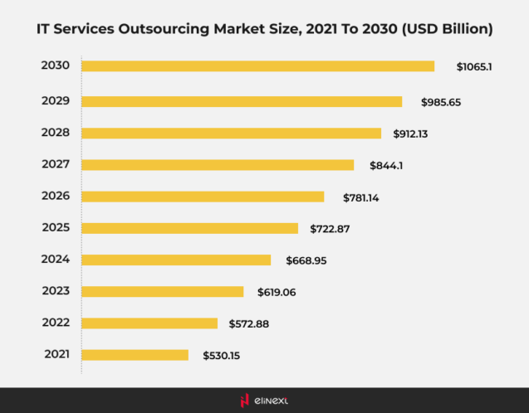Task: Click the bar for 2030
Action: pyautogui.click(x=257, y=66)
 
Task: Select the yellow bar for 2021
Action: pyautogui.click(x=135, y=355)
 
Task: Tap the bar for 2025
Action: pyautogui.click(x=189, y=228)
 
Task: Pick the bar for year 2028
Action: pyautogui.click(x=231, y=133)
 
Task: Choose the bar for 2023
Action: pyautogui.click(x=163, y=291)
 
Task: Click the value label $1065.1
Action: pyautogui.click(x=474, y=66)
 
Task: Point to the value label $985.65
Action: pyautogui.click(x=439, y=101)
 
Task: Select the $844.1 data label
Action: pyautogui.click(x=387, y=165)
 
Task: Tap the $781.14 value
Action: pyautogui.click(x=361, y=197)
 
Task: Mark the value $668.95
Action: pyautogui.click(x=306, y=260)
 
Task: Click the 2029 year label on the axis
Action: pyautogui.click(x=56, y=100)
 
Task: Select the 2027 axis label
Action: pyautogui.click(x=56, y=164)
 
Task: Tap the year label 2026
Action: pyautogui.click(x=56, y=196)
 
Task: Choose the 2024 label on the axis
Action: pyautogui.click(x=56, y=259)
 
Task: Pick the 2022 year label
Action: pyautogui.click(x=56, y=323)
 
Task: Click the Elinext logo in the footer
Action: pyautogui.click(x=264, y=401)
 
